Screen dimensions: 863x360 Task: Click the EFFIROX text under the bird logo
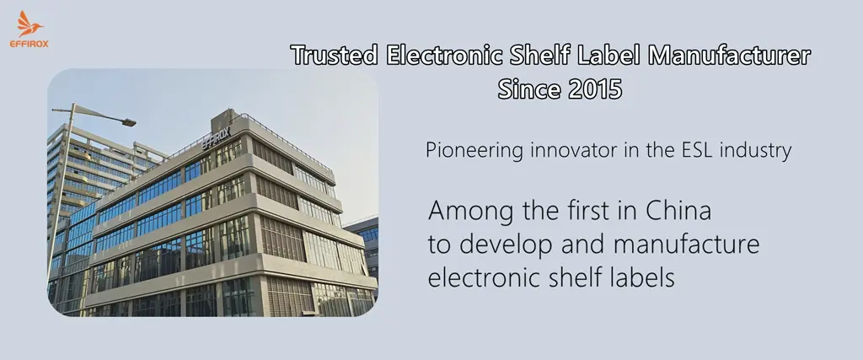(x=29, y=44)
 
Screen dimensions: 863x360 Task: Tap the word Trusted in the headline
(x=335, y=55)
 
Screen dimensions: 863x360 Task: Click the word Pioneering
(x=474, y=151)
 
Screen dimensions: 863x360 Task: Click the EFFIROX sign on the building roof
(x=217, y=137)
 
